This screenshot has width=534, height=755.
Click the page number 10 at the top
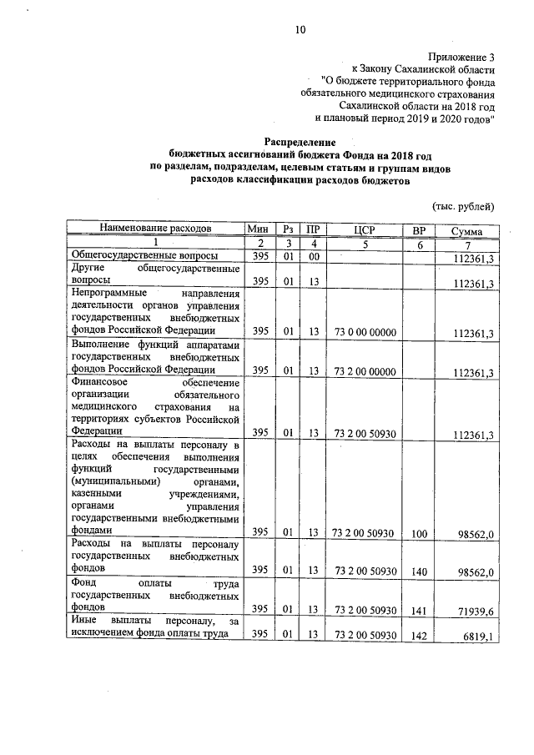[x=300, y=31]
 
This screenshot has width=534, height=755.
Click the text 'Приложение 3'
[x=462, y=57]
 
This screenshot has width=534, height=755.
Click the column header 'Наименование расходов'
[x=154, y=229]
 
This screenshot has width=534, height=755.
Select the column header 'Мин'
[x=260, y=229]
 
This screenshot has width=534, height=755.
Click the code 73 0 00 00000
[x=364, y=333]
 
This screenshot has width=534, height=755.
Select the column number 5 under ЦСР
[x=364, y=244]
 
